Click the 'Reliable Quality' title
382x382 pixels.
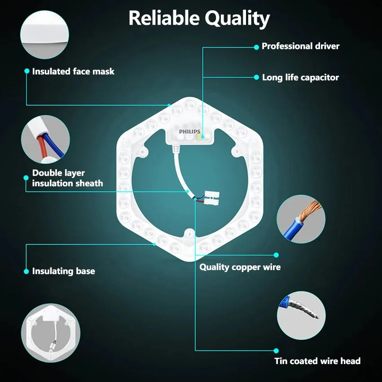coord(199,18)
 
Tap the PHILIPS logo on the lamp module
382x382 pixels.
coord(189,132)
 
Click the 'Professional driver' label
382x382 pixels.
coord(300,46)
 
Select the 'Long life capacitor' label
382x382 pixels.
coord(300,78)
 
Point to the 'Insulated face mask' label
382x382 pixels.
coord(73,71)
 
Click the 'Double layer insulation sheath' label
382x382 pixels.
coord(67,178)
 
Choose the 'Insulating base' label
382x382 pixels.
coord(64,271)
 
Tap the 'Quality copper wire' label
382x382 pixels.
coord(240,267)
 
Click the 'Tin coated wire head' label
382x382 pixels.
coord(317,361)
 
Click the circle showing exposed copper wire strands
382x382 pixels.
coord(301,219)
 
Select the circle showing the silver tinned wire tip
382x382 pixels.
coord(301,315)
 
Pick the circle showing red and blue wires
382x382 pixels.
coord(45,139)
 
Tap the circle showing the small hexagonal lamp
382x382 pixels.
coord(51,333)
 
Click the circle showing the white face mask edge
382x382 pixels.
coord(44,35)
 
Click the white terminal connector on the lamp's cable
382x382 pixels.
coord(211,198)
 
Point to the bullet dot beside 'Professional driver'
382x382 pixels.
coord(256,47)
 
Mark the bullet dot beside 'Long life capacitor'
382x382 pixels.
coord(256,77)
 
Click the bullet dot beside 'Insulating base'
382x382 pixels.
coord(26,272)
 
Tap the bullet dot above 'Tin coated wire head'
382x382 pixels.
coord(276,351)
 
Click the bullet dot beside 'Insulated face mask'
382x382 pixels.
coord(27,71)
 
